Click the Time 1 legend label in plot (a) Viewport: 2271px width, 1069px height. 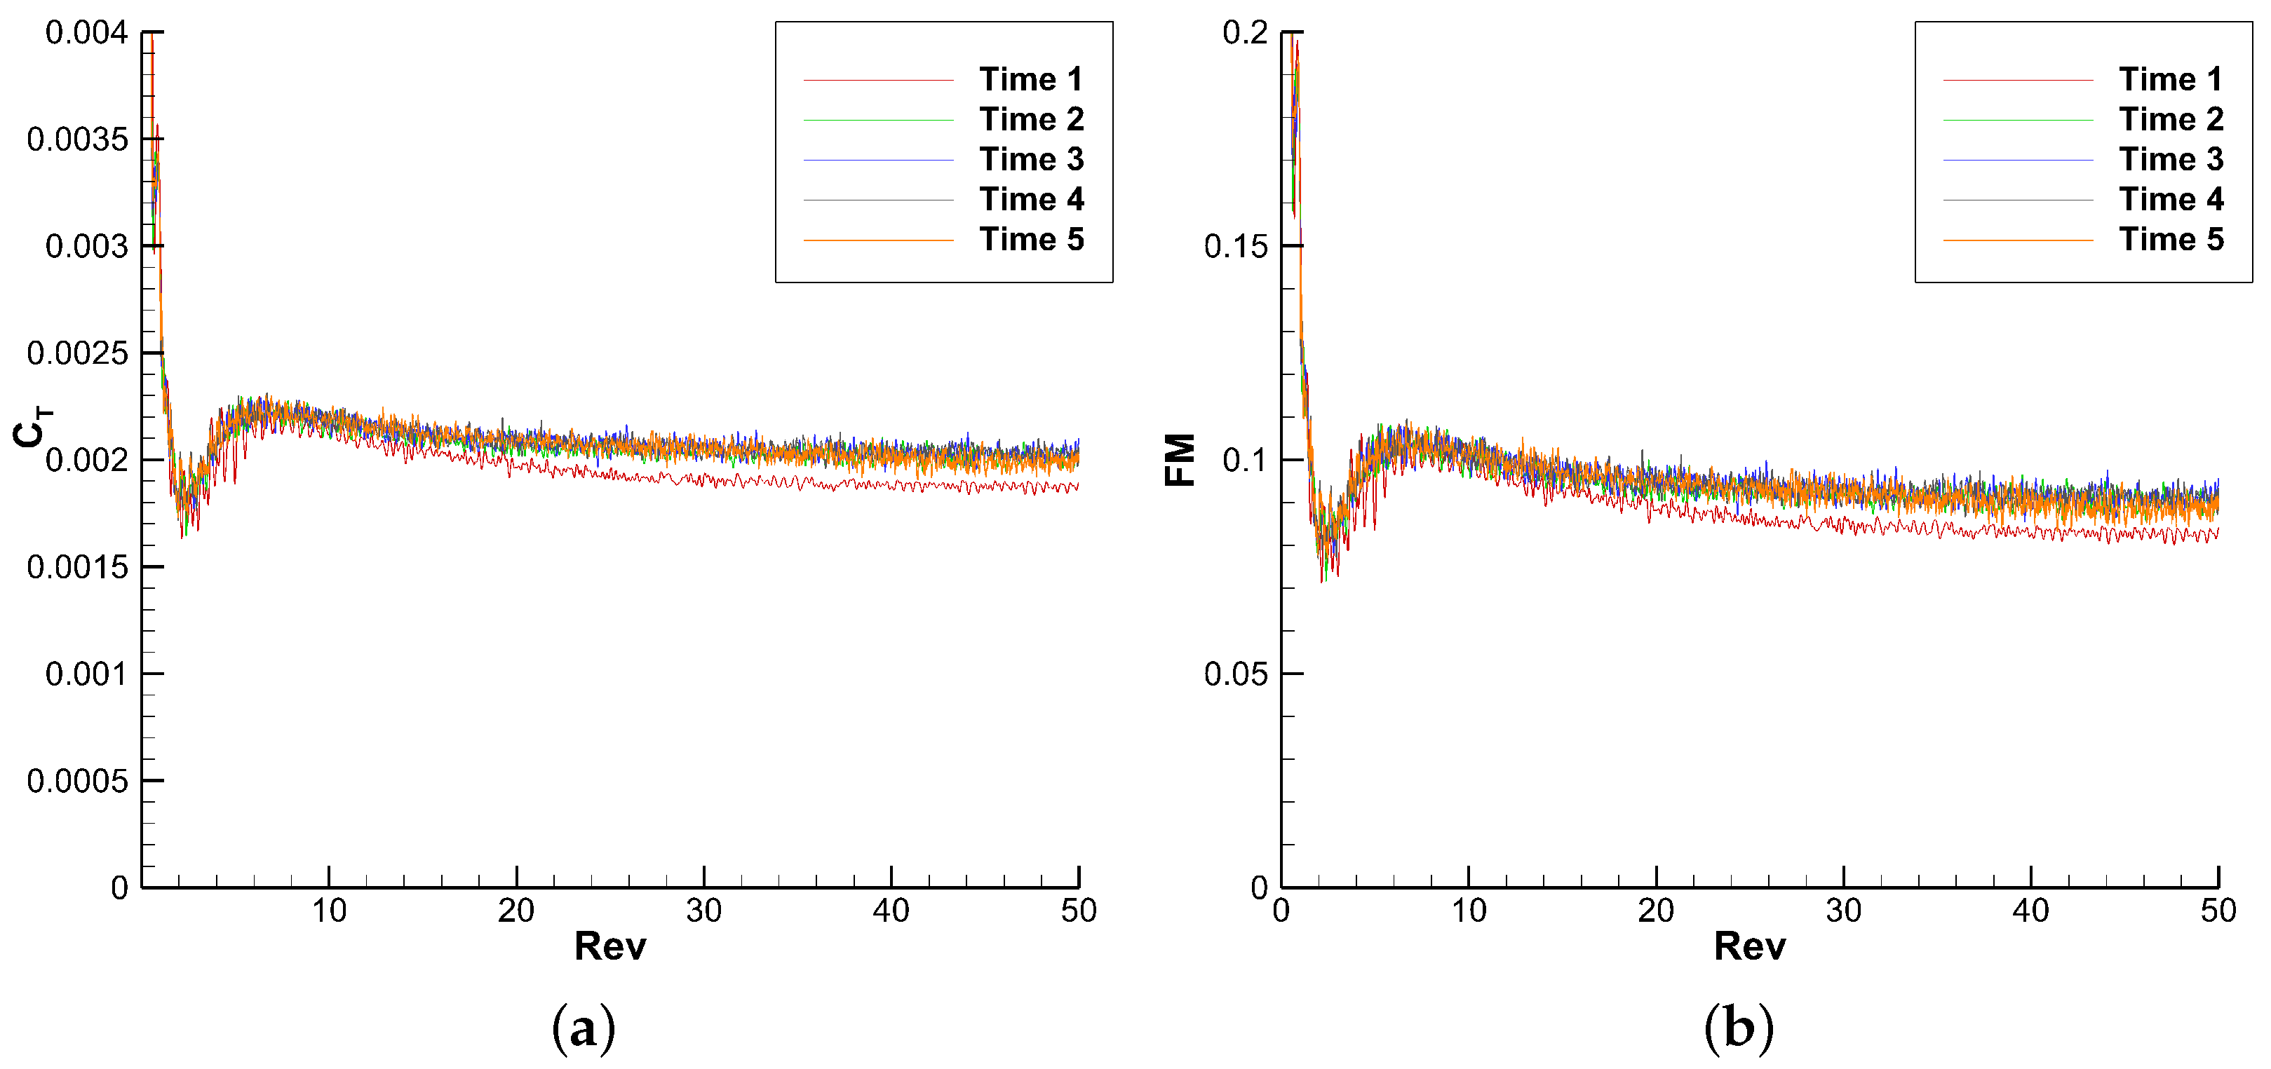(1030, 79)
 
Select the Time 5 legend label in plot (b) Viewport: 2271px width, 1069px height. (2171, 239)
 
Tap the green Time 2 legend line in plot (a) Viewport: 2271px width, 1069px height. (878, 120)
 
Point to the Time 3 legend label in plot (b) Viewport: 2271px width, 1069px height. (2171, 160)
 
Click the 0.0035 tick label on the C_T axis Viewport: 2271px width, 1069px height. (78, 139)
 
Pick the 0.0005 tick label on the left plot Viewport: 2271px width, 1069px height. (78, 781)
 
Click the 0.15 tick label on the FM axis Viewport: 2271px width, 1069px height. (1235, 247)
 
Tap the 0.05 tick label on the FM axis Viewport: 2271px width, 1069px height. (1235, 674)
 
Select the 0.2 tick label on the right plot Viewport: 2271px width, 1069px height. (1244, 34)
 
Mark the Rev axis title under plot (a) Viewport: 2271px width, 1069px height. (610, 946)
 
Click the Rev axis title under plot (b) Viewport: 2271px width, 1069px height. (1749, 946)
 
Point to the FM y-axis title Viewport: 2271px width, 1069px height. (1180, 459)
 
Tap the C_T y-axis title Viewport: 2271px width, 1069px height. (32, 428)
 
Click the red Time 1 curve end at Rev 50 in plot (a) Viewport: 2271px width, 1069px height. (1077, 486)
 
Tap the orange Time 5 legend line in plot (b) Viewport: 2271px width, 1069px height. (2017, 240)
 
